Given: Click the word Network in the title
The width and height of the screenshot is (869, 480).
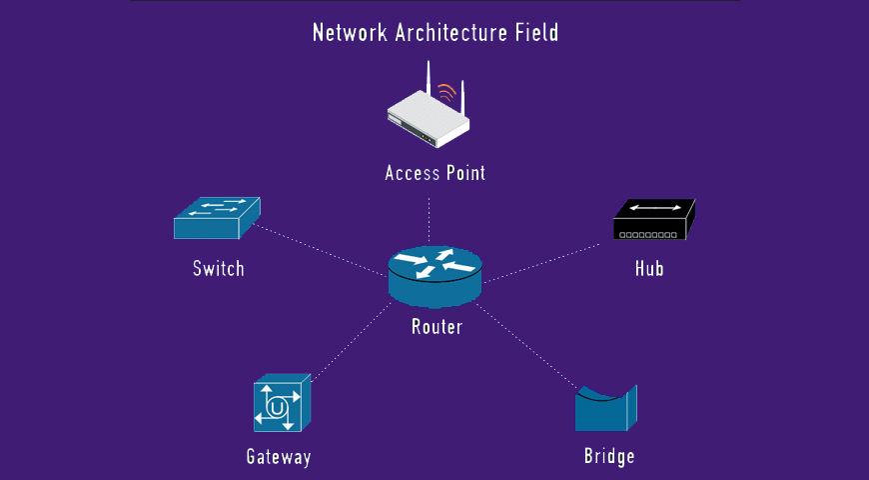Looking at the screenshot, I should [350, 32].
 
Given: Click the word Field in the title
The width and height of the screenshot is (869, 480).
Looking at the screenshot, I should [536, 32].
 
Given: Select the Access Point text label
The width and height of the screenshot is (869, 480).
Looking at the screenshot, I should [435, 173].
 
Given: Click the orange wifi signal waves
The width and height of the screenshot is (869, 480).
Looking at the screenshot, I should [447, 94].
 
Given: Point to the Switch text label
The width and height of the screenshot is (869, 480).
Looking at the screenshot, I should [218, 268].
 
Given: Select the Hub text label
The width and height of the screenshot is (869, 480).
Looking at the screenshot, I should [649, 268].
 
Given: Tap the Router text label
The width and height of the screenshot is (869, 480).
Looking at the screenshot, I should [436, 326].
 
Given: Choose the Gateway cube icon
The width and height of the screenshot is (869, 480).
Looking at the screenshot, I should [282, 404].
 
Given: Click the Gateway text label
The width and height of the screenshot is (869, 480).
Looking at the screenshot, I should [279, 458].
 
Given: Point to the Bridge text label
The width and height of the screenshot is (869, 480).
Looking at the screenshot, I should [609, 457].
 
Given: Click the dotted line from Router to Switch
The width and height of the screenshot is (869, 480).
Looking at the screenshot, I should [320, 249].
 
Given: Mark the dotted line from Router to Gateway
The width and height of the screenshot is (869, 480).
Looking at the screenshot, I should [350, 340].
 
